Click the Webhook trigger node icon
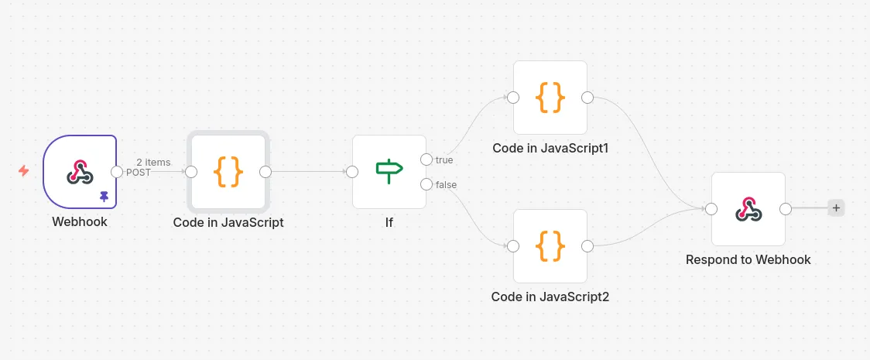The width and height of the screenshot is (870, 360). coord(80,172)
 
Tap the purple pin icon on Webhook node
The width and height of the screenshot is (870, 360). coord(104,197)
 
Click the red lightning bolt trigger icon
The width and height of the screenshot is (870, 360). coord(24,171)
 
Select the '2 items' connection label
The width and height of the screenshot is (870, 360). coord(153,162)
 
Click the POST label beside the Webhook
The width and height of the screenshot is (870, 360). coord(139,173)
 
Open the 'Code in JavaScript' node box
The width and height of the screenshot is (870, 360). coord(228,172)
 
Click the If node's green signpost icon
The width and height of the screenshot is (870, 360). coord(389,171)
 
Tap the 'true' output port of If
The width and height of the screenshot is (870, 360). coord(426,159)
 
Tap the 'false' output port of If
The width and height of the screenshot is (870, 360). coord(426,184)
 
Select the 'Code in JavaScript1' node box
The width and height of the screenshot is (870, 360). coord(550,98)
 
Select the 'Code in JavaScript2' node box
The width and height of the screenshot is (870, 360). coord(550,246)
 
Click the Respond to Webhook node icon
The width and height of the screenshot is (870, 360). coord(748,209)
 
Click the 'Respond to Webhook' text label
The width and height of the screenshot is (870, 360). coord(748,260)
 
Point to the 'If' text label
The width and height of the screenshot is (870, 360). coord(389,223)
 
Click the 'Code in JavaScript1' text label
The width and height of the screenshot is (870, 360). coord(550,148)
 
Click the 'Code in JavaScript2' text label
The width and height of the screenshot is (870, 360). coord(550,297)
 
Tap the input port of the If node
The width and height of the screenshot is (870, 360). coord(352,172)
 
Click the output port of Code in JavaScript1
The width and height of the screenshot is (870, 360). coord(587,98)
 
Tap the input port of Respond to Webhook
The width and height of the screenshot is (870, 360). coord(711,209)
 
